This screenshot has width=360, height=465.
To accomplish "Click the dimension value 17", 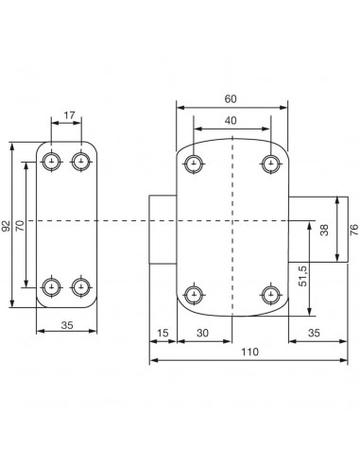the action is (x=69, y=115).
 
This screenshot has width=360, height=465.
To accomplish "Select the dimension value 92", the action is (x=6, y=226).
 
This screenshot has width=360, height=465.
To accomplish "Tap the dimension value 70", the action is (x=20, y=226).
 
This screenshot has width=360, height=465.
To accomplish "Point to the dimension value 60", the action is (x=231, y=99).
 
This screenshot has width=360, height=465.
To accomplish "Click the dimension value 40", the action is (x=231, y=121).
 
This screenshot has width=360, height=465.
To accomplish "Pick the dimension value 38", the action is (x=324, y=230).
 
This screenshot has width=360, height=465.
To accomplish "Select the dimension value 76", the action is (x=354, y=230).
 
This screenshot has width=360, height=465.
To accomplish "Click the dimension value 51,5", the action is (x=303, y=275).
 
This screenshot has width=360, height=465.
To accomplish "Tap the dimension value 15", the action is (x=163, y=333).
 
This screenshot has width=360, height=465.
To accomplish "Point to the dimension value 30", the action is (x=202, y=333).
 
